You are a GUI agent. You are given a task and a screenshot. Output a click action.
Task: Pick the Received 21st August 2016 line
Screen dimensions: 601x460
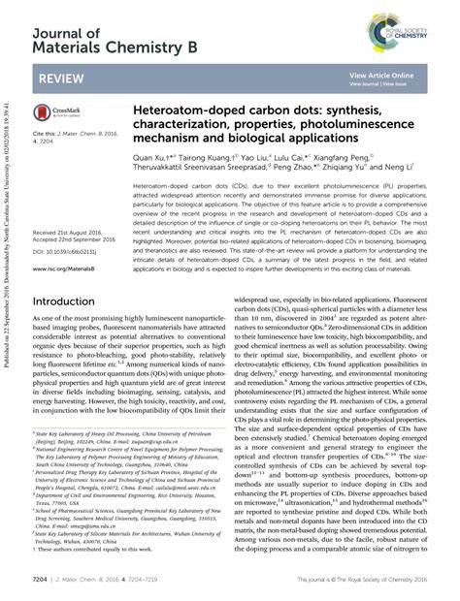[x=70, y=206]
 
